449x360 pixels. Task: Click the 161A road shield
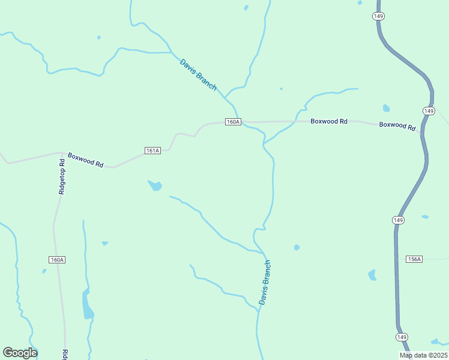click(x=152, y=151)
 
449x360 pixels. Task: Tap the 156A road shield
click(x=414, y=259)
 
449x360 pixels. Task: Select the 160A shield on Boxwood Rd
click(x=233, y=122)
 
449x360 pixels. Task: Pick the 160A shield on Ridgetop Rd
click(x=57, y=260)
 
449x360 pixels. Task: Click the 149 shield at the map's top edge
click(x=378, y=16)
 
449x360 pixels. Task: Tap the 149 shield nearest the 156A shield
click(x=398, y=220)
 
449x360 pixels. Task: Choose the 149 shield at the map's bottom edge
click(x=402, y=337)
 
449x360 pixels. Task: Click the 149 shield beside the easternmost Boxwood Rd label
click(x=428, y=111)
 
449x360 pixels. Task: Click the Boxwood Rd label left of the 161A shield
click(x=85, y=160)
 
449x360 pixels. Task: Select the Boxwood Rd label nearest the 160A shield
click(x=329, y=121)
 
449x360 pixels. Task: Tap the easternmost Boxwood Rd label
click(x=397, y=126)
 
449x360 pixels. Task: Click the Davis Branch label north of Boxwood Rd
click(x=198, y=74)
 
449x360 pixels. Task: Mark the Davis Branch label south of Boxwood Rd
click(x=265, y=282)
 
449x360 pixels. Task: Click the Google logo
click(x=20, y=353)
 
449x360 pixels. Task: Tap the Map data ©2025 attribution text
click(x=423, y=355)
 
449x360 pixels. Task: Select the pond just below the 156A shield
click(x=372, y=275)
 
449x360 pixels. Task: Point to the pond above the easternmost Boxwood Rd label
click(x=386, y=109)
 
